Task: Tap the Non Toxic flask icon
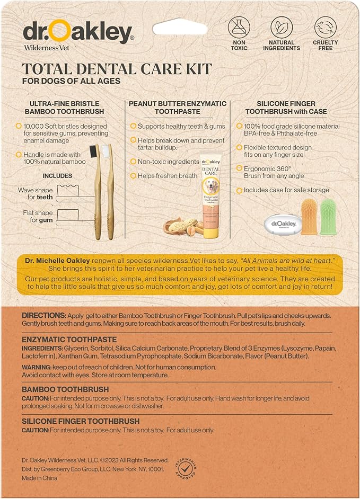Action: point(239,28)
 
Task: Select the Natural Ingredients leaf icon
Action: point(282,28)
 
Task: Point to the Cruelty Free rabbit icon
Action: point(325,28)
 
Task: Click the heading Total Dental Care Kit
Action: point(117,69)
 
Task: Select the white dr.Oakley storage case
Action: point(282,224)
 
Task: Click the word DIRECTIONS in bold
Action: point(44,316)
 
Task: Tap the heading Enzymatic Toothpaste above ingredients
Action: point(69,338)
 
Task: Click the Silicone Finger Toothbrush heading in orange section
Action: point(81,421)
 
